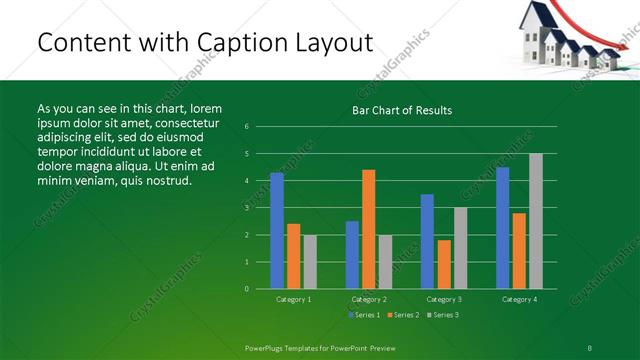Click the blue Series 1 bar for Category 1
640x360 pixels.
tap(277, 231)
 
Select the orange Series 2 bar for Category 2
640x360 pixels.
tap(368, 229)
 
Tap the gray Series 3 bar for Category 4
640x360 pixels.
tap(535, 221)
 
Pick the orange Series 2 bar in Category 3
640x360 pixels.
tap(443, 264)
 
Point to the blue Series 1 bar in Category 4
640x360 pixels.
tap(502, 228)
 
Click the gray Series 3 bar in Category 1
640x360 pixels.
tap(309, 262)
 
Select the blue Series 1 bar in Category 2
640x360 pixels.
tap(352, 255)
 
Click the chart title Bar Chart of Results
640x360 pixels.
tap(402, 110)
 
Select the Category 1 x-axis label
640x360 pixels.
tap(293, 299)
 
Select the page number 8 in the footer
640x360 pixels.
tap(589, 347)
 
